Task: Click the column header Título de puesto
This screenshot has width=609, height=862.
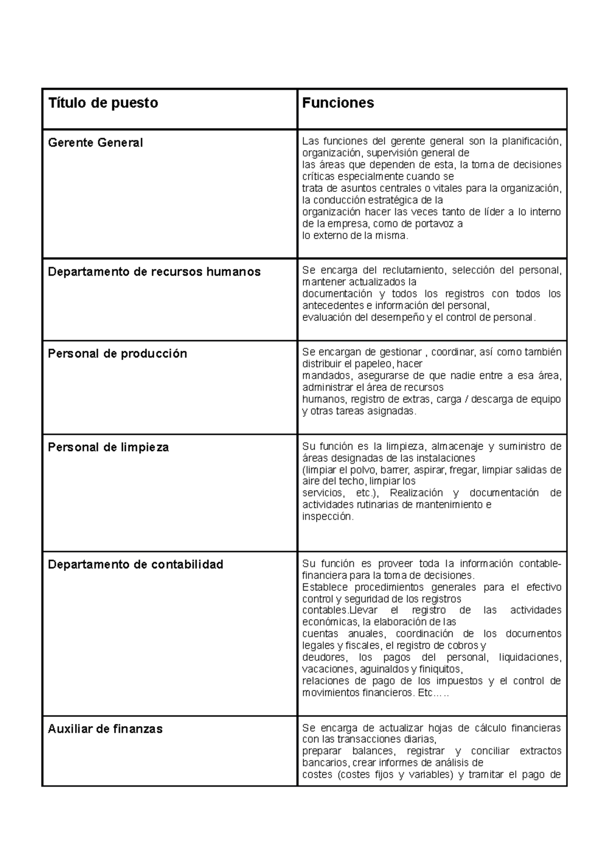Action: pos(103,103)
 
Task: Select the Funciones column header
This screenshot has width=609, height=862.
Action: pos(338,103)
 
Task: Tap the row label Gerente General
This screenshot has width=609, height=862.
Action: pos(95,143)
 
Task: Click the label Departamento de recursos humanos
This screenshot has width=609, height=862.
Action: pos(154,272)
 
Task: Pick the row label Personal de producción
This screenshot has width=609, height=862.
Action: pos(117,354)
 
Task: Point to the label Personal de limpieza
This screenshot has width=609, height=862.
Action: pos(108,448)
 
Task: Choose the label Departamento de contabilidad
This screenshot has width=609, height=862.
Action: pos(136,565)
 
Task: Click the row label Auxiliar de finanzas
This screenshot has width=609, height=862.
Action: pos(105,729)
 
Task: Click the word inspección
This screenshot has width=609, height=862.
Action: pos(327,517)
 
